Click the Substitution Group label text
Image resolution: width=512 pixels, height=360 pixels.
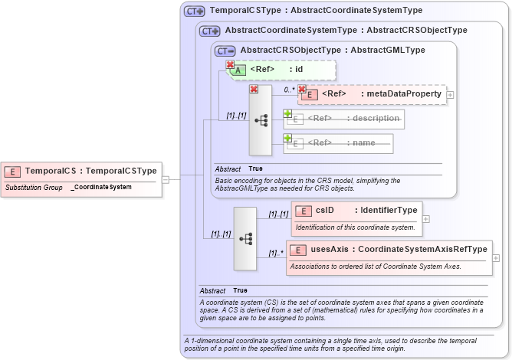(34, 187)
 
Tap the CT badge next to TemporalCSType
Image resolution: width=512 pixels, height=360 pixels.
(194, 11)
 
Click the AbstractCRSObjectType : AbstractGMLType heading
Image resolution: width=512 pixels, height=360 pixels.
(333, 50)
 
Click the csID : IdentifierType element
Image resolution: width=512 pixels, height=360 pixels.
(356, 210)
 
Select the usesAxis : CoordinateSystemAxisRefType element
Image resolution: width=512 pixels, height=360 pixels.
(389, 249)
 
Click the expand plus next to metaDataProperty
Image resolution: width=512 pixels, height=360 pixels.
(451, 95)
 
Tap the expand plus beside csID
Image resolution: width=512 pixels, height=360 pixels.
(426, 218)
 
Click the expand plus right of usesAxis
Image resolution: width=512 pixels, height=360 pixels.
(496, 258)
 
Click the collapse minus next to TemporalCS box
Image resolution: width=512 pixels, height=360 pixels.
(166, 179)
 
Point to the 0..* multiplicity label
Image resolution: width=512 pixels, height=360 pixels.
(289, 90)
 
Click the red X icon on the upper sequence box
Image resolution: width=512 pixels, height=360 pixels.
(254, 90)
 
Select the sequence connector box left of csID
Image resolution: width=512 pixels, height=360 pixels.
(245, 238)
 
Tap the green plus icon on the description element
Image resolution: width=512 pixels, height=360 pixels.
(287, 113)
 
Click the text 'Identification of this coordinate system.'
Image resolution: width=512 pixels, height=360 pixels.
(355, 227)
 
